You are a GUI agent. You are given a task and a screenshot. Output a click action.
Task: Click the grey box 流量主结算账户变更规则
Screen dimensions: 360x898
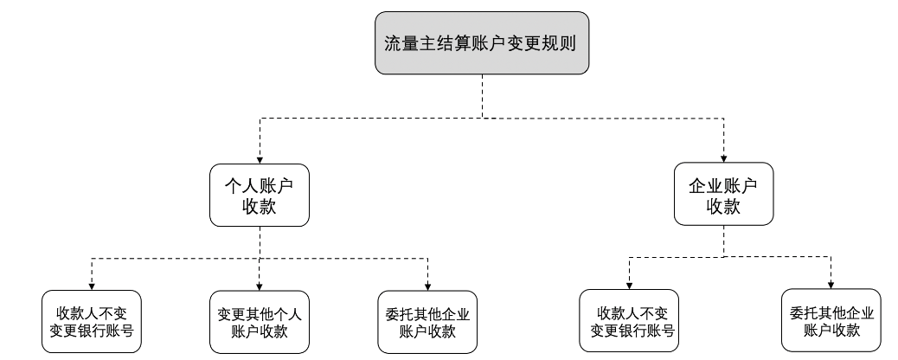(481, 42)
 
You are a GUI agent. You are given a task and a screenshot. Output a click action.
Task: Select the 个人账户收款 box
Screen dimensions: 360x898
(260, 196)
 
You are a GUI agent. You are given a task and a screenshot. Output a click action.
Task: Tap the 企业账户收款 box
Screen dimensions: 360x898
(723, 196)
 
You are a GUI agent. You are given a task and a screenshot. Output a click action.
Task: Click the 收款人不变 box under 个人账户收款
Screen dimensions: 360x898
(92, 321)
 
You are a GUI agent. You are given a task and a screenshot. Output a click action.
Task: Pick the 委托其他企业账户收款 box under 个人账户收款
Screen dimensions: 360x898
(428, 321)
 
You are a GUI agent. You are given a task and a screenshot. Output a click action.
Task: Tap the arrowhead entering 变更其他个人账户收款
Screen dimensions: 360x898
(260, 286)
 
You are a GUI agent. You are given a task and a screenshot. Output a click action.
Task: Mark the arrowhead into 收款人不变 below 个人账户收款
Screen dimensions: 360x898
(92, 286)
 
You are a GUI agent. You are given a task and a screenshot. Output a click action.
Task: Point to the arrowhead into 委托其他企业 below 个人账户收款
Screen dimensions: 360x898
(428, 286)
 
